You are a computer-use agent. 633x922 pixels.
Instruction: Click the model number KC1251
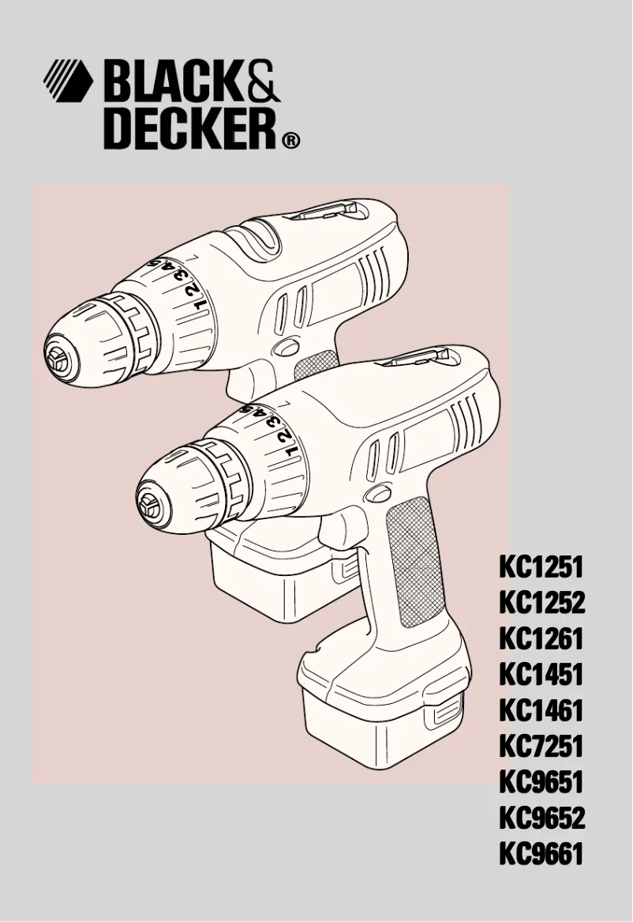point(541,567)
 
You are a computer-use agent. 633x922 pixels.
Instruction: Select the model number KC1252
point(541,604)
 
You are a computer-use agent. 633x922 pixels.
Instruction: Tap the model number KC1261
point(541,639)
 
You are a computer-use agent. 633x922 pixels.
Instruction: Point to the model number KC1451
point(541,675)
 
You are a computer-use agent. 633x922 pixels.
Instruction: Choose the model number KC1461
point(541,710)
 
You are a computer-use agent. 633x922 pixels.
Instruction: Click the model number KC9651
point(541,782)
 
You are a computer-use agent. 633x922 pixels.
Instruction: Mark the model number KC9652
point(541,818)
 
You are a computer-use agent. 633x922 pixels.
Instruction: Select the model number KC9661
point(541,853)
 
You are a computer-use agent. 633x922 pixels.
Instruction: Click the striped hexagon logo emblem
point(68,82)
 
